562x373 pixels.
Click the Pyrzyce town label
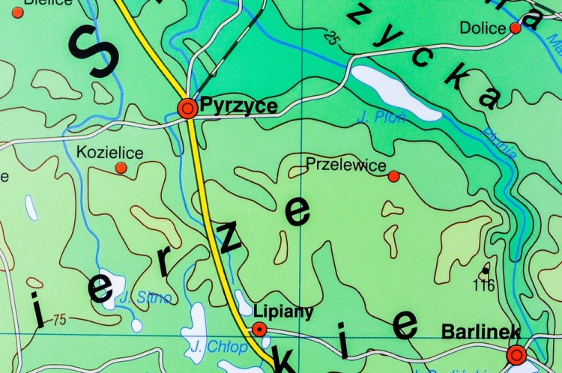coord(238,106)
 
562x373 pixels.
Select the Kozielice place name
coord(110,153)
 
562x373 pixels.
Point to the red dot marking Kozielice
coord(121,168)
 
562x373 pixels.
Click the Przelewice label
coord(346,165)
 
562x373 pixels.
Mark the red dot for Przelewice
coord(393,176)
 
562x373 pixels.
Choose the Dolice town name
coord(483,28)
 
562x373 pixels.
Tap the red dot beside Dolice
coord(516,28)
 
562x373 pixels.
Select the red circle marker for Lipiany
coord(259,329)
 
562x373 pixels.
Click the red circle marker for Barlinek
coord(516,355)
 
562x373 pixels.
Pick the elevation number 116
coord(486,285)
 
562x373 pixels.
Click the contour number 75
coord(59,321)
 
